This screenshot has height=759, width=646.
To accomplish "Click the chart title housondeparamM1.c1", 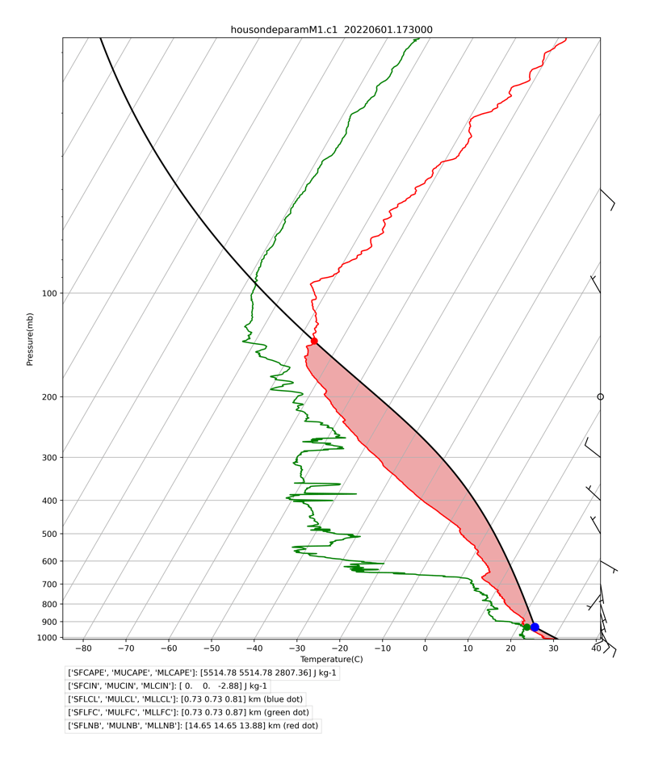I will (331, 30).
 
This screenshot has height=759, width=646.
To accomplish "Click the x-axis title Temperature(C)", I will (331, 660).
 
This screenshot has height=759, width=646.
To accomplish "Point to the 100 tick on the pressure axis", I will (49, 293).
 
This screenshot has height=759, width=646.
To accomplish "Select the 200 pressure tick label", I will (49, 396).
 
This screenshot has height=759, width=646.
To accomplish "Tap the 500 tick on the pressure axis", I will (49, 534).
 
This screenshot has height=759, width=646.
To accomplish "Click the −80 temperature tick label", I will (83, 648).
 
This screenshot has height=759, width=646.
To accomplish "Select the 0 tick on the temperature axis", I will (426, 648).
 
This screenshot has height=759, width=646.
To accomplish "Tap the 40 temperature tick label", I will (597, 648).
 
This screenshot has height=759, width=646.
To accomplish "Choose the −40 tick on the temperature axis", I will (254, 648).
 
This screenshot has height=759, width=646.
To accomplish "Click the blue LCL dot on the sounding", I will (535, 627).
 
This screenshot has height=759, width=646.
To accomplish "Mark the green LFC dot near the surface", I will (526, 627).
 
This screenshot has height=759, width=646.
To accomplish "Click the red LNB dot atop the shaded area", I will (314, 342).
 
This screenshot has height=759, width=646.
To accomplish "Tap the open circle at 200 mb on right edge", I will (600, 396).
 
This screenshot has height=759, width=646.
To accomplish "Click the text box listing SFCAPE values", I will (202, 673).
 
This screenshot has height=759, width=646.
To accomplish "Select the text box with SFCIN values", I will (167, 686).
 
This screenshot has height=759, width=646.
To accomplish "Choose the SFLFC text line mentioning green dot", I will (187, 712).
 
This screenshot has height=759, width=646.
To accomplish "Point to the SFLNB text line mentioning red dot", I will (192, 726).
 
